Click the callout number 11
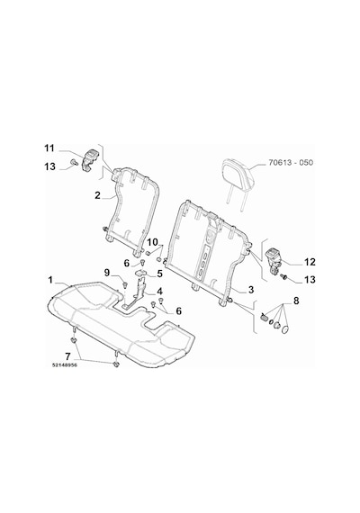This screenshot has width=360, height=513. [49, 148]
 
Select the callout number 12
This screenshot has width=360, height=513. [310, 262]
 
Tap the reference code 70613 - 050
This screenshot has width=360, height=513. [291, 162]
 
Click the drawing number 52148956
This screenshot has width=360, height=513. [65, 365]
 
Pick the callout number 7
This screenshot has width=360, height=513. [68, 355]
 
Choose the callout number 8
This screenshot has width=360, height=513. [296, 301]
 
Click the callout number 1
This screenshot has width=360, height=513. [50, 281]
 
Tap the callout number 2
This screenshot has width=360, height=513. [97, 195]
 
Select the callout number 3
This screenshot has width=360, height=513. [251, 289]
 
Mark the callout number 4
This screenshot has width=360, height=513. [159, 291]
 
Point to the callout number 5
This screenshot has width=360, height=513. [159, 274]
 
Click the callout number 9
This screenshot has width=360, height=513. [107, 272]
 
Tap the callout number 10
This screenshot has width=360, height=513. [152, 242]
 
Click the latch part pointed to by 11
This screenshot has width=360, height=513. [89, 158]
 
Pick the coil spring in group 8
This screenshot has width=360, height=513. [264, 317]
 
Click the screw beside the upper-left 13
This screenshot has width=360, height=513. [73, 161]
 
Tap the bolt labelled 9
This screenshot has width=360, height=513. [125, 284]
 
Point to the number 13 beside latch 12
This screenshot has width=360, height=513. [310, 280]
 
